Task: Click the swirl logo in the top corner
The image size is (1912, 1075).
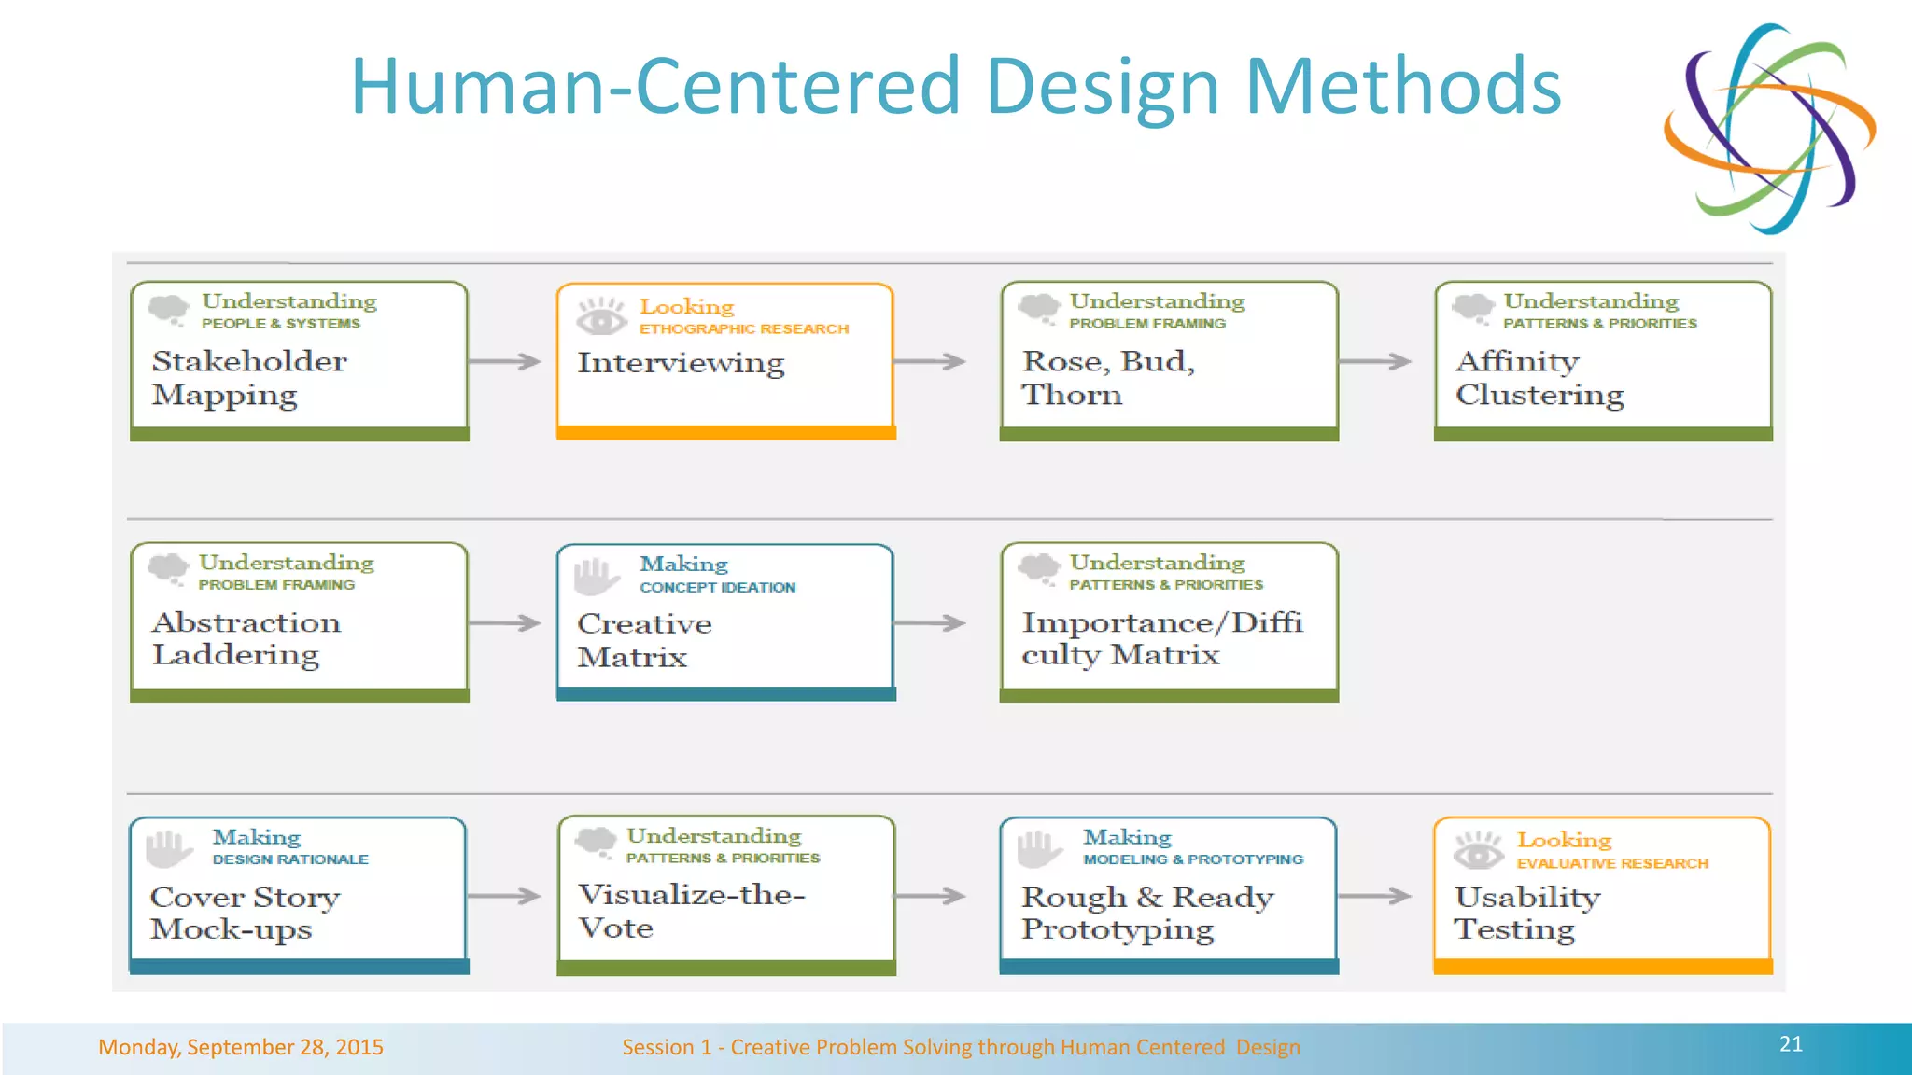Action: (x=1769, y=128)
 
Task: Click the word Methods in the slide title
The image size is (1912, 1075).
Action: (x=1402, y=87)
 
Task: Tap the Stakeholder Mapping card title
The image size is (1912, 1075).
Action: (x=248, y=377)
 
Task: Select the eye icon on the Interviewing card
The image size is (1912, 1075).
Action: (x=600, y=316)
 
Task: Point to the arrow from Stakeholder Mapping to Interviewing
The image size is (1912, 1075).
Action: (x=505, y=361)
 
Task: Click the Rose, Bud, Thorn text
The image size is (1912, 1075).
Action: (x=1107, y=377)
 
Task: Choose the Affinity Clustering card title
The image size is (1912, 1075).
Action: (x=1539, y=377)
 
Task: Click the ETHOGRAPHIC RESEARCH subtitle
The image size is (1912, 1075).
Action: (x=743, y=329)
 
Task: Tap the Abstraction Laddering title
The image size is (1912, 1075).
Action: (x=246, y=638)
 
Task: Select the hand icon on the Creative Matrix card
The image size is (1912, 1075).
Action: (x=595, y=576)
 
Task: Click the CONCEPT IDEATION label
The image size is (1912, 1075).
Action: (x=717, y=588)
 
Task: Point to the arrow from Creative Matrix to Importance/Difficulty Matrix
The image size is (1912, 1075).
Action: (x=930, y=622)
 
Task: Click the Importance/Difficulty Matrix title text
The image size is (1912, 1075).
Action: (x=1160, y=638)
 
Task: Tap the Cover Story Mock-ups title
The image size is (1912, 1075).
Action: (x=245, y=913)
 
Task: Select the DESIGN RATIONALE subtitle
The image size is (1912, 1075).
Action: (x=289, y=859)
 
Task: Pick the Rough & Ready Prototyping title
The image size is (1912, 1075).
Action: (x=1146, y=913)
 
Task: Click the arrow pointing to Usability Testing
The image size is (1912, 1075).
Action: (x=1374, y=896)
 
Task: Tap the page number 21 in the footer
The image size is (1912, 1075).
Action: (x=1790, y=1044)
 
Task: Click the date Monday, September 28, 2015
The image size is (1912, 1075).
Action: (x=241, y=1047)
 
